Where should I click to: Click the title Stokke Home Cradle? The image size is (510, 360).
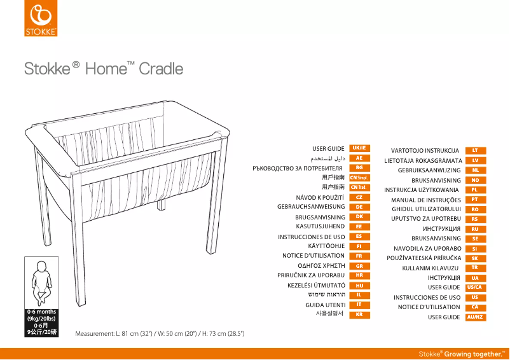[104, 69]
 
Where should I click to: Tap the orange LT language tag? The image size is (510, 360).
[475, 151]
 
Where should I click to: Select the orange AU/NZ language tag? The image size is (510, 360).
[475, 317]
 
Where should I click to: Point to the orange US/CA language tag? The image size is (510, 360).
[475, 287]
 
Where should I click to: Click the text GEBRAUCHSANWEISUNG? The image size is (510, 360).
[311, 207]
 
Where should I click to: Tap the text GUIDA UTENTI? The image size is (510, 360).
[325, 305]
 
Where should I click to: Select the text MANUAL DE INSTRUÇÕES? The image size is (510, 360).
[425, 200]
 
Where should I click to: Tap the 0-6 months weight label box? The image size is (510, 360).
[41, 322]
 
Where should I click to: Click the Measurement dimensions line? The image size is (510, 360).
[160, 333]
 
